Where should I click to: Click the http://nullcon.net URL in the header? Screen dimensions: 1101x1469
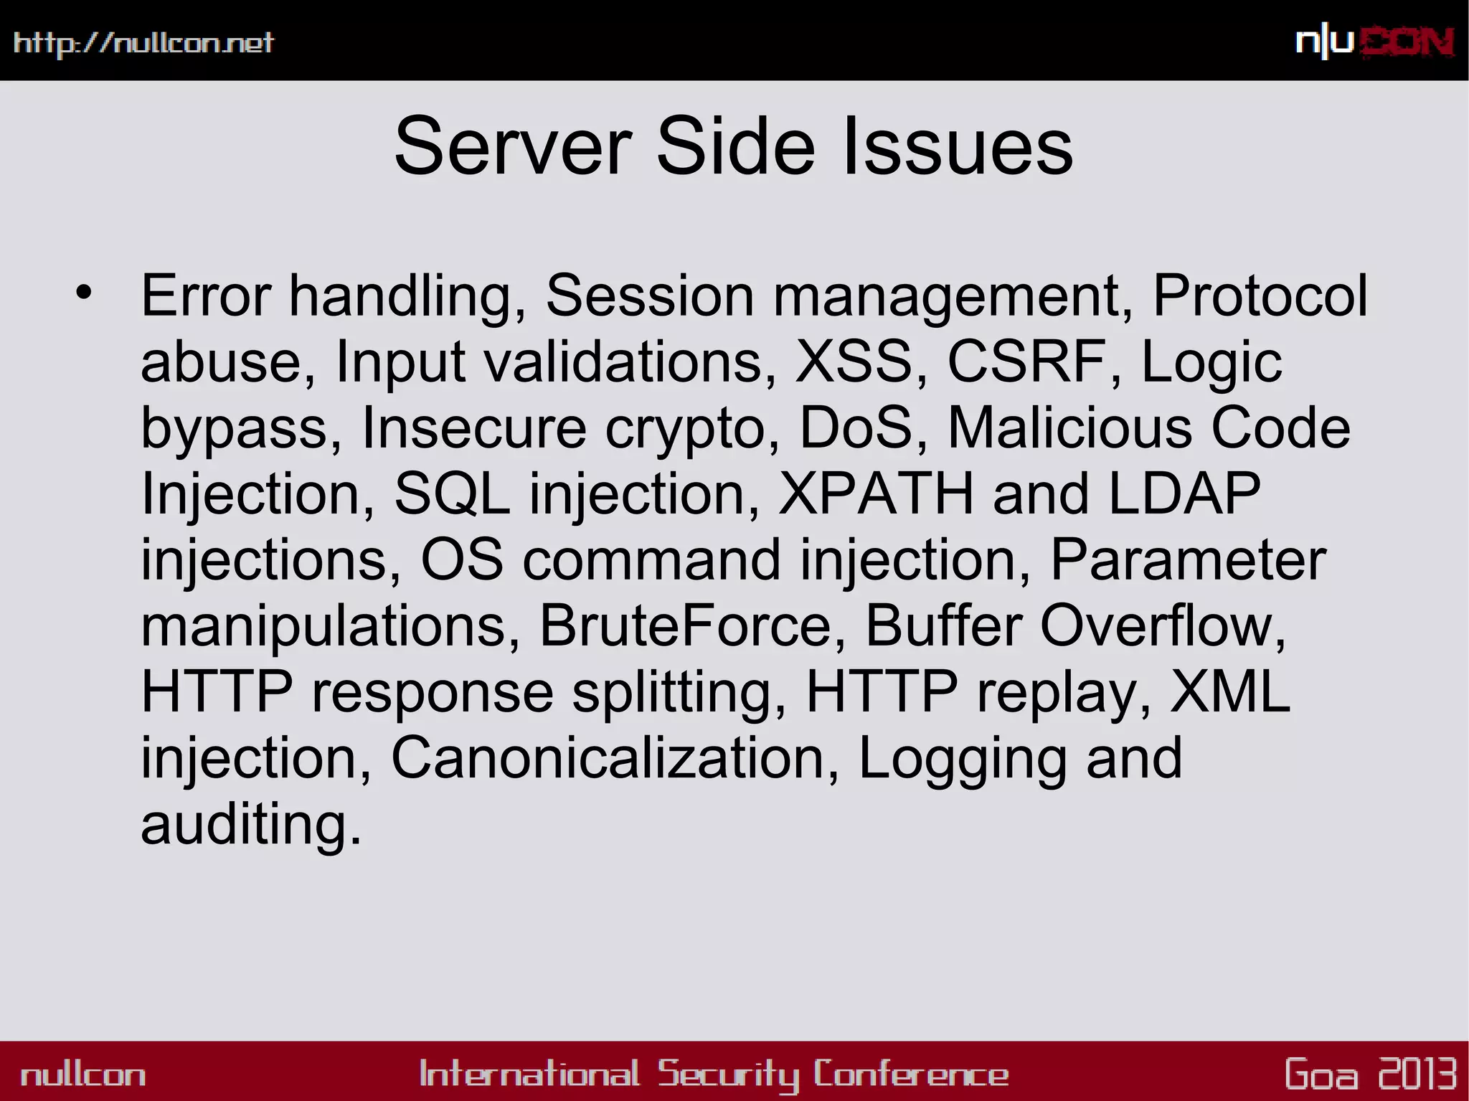tap(143, 43)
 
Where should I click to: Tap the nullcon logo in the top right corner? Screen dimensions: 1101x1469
tap(1374, 42)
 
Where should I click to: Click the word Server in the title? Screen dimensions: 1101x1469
tap(512, 147)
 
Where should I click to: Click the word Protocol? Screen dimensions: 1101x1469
tap(1260, 296)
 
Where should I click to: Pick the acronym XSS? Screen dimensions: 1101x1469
tap(854, 362)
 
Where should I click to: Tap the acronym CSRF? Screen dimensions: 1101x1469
tap(1026, 362)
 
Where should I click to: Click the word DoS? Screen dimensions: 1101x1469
tap(855, 427)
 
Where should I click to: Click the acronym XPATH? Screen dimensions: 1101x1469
tap(876, 493)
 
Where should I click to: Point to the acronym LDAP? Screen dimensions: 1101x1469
tap(1184, 493)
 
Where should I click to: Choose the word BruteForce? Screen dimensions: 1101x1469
tap(684, 625)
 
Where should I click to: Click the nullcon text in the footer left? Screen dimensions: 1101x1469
tap(83, 1074)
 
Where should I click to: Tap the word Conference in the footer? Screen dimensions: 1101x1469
tap(911, 1074)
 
